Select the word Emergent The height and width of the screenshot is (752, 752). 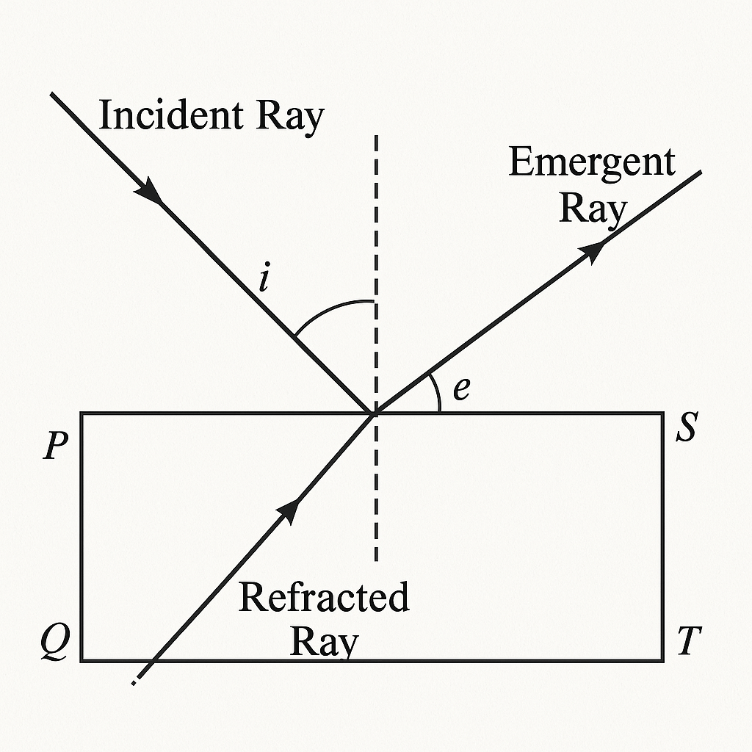coord(591,164)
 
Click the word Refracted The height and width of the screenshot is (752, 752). coord(324,598)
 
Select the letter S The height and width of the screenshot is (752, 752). coord(685,429)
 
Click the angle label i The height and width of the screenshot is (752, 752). coord(265,280)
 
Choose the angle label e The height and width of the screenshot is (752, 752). coord(460,388)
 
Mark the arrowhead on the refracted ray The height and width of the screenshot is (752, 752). coord(291,509)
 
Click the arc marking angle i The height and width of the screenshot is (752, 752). coord(330,308)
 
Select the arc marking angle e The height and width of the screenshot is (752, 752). coord(436,393)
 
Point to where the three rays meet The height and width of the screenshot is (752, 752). coord(375,413)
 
